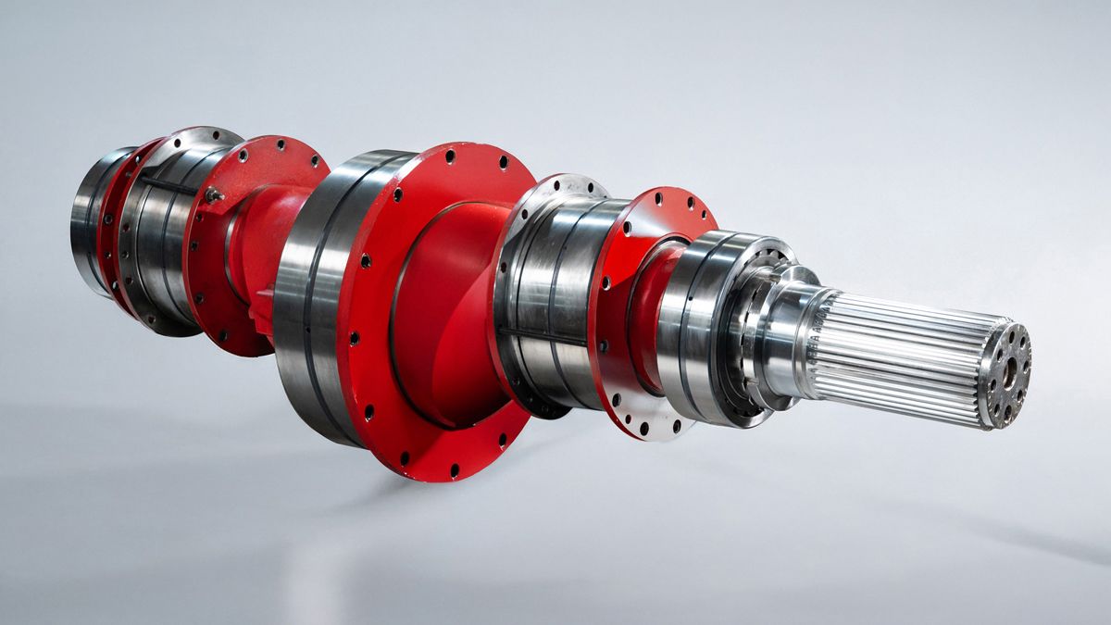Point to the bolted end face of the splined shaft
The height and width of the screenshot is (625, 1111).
pos(1006,375)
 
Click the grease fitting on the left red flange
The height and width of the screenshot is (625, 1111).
pos(212,194)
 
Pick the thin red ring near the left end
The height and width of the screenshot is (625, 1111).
pos(116,231)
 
